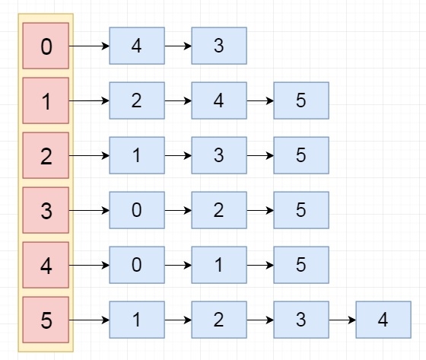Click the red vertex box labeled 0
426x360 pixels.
[x=46, y=46]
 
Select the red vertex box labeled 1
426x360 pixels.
[x=46, y=101]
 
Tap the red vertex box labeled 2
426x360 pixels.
[x=46, y=156]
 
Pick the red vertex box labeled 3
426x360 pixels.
[x=46, y=211]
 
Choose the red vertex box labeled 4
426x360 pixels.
[x=46, y=266]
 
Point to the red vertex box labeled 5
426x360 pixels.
[x=46, y=320]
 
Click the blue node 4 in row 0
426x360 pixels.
[x=137, y=46]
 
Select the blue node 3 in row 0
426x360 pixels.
[x=219, y=46]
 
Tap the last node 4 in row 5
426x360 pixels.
[x=383, y=320]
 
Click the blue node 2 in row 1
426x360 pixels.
[x=137, y=101]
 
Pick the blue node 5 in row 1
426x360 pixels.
[x=300, y=101]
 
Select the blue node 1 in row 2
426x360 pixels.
[x=137, y=156]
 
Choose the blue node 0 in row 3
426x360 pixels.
[x=137, y=211]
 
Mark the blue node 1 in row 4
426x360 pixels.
[x=219, y=266]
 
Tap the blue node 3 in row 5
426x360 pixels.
[x=300, y=320]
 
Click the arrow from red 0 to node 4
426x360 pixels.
[x=89, y=46]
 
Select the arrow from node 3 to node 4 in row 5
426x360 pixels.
[x=342, y=320]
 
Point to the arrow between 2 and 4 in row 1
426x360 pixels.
[x=178, y=101]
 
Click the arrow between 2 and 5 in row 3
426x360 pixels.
[x=259, y=211]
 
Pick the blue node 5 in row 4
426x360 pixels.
[x=300, y=266]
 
